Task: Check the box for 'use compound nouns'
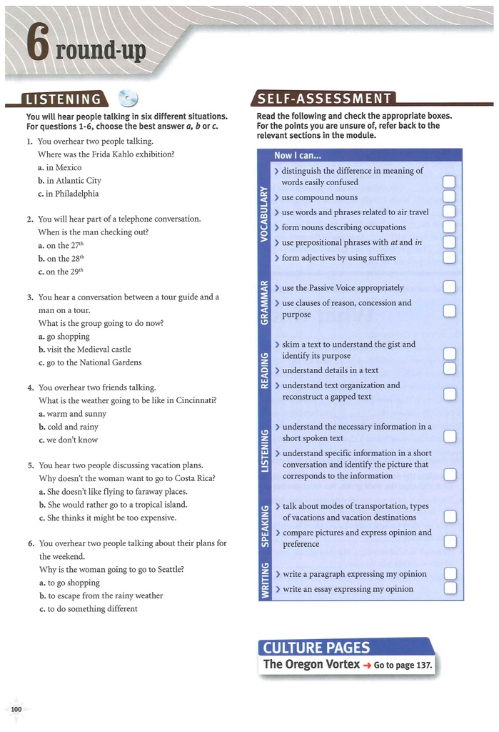[450, 197]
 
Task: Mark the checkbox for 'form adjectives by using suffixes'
[450, 258]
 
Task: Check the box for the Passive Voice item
[450, 287]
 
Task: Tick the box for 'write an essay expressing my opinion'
[450, 589]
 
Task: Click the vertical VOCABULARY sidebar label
[263, 214]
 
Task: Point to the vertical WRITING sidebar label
[263, 580]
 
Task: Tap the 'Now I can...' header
[298, 155]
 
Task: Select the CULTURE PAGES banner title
[316, 648]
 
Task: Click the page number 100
[16, 708]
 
